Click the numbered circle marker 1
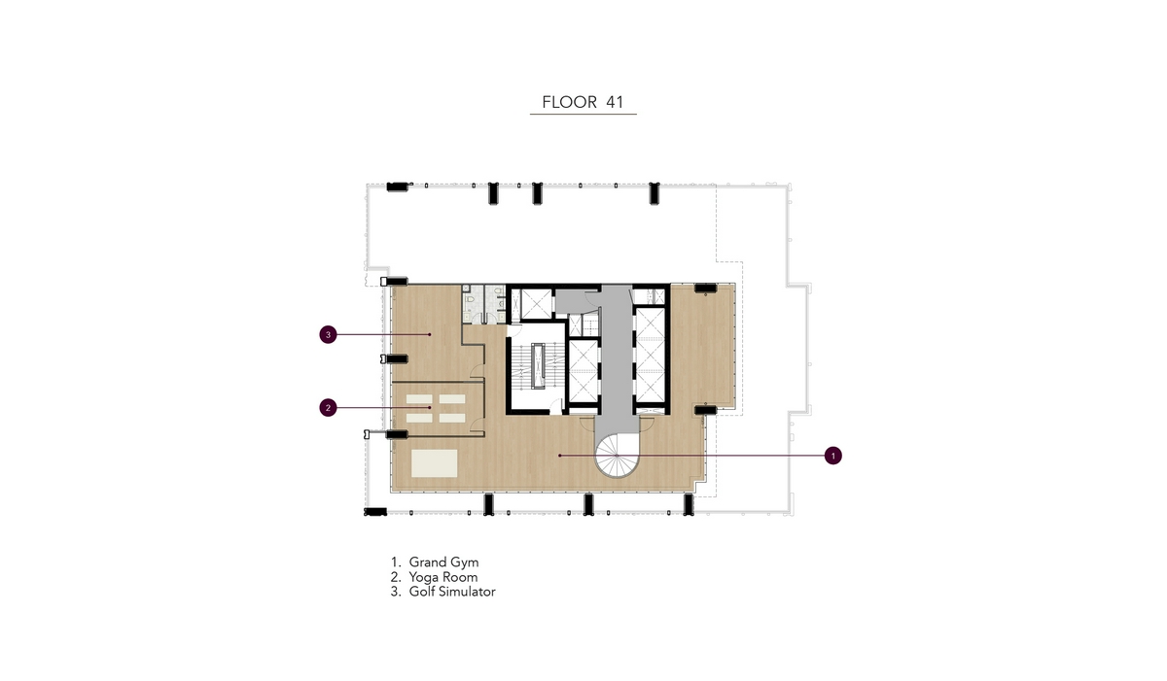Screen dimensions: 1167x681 [x=832, y=456]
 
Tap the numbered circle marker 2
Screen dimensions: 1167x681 [x=328, y=408]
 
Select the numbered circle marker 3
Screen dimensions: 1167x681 [x=328, y=334]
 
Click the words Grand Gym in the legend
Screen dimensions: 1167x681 [x=443, y=562]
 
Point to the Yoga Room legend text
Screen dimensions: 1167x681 [x=442, y=577]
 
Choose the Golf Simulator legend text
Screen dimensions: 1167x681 [x=451, y=592]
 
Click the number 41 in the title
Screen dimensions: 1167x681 [x=615, y=102]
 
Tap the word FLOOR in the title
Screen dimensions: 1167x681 [x=570, y=102]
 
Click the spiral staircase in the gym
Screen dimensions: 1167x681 [x=617, y=456]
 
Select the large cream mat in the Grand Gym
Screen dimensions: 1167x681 [x=435, y=463]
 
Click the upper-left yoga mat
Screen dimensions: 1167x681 [x=419, y=399]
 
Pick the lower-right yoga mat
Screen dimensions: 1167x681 [x=452, y=419]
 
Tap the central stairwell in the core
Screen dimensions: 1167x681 [x=537, y=366]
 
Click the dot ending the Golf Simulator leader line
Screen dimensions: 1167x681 [x=429, y=334]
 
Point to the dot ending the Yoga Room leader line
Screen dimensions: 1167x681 [x=429, y=407]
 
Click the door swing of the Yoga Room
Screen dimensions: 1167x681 [x=477, y=425]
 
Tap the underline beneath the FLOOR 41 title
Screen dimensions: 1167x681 [x=583, y=114]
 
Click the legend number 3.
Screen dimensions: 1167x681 [x=396, y=592]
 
